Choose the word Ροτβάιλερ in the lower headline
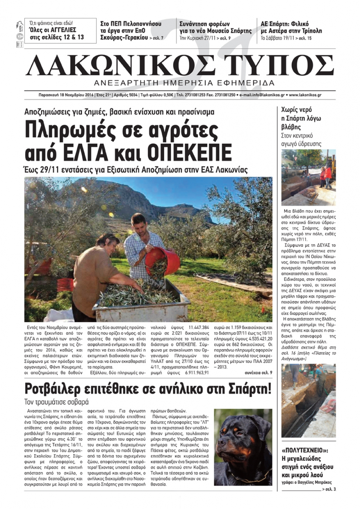pyautogui.click(x=67, y=389)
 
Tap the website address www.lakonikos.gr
pyautogui.click(x=305, y=95)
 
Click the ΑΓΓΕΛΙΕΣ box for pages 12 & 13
pyautogui.click(x=60, y=31)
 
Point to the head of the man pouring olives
pyautogui.click(x=140, y=223)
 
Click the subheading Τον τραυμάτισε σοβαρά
pyautogui.click(x=57, y=402)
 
